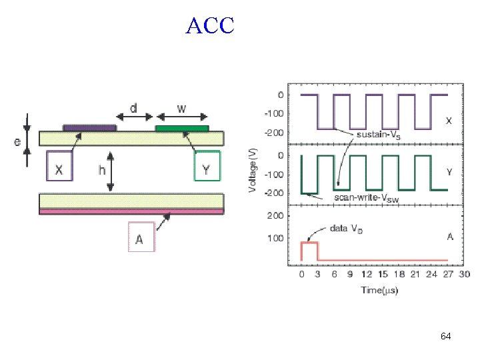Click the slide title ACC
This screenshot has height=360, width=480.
(211, 26)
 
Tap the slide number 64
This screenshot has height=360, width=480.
(446, 337)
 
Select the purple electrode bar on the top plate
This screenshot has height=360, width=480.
(89, 127)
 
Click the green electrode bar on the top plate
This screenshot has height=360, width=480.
(181, 128)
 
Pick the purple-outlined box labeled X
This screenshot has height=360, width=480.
(59, 165)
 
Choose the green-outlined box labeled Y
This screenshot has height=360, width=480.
(206, 165)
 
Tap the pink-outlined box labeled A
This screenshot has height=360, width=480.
(141, 237)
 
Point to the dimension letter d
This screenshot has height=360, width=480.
(134, 108)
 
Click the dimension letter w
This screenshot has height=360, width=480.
(181, 108)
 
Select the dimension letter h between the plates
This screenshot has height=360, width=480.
(102, 170)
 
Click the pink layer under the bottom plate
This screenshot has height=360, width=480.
(131, 211)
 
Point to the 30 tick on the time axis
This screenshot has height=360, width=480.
(463, 275)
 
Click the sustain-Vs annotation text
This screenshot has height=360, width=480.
(379, 134)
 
